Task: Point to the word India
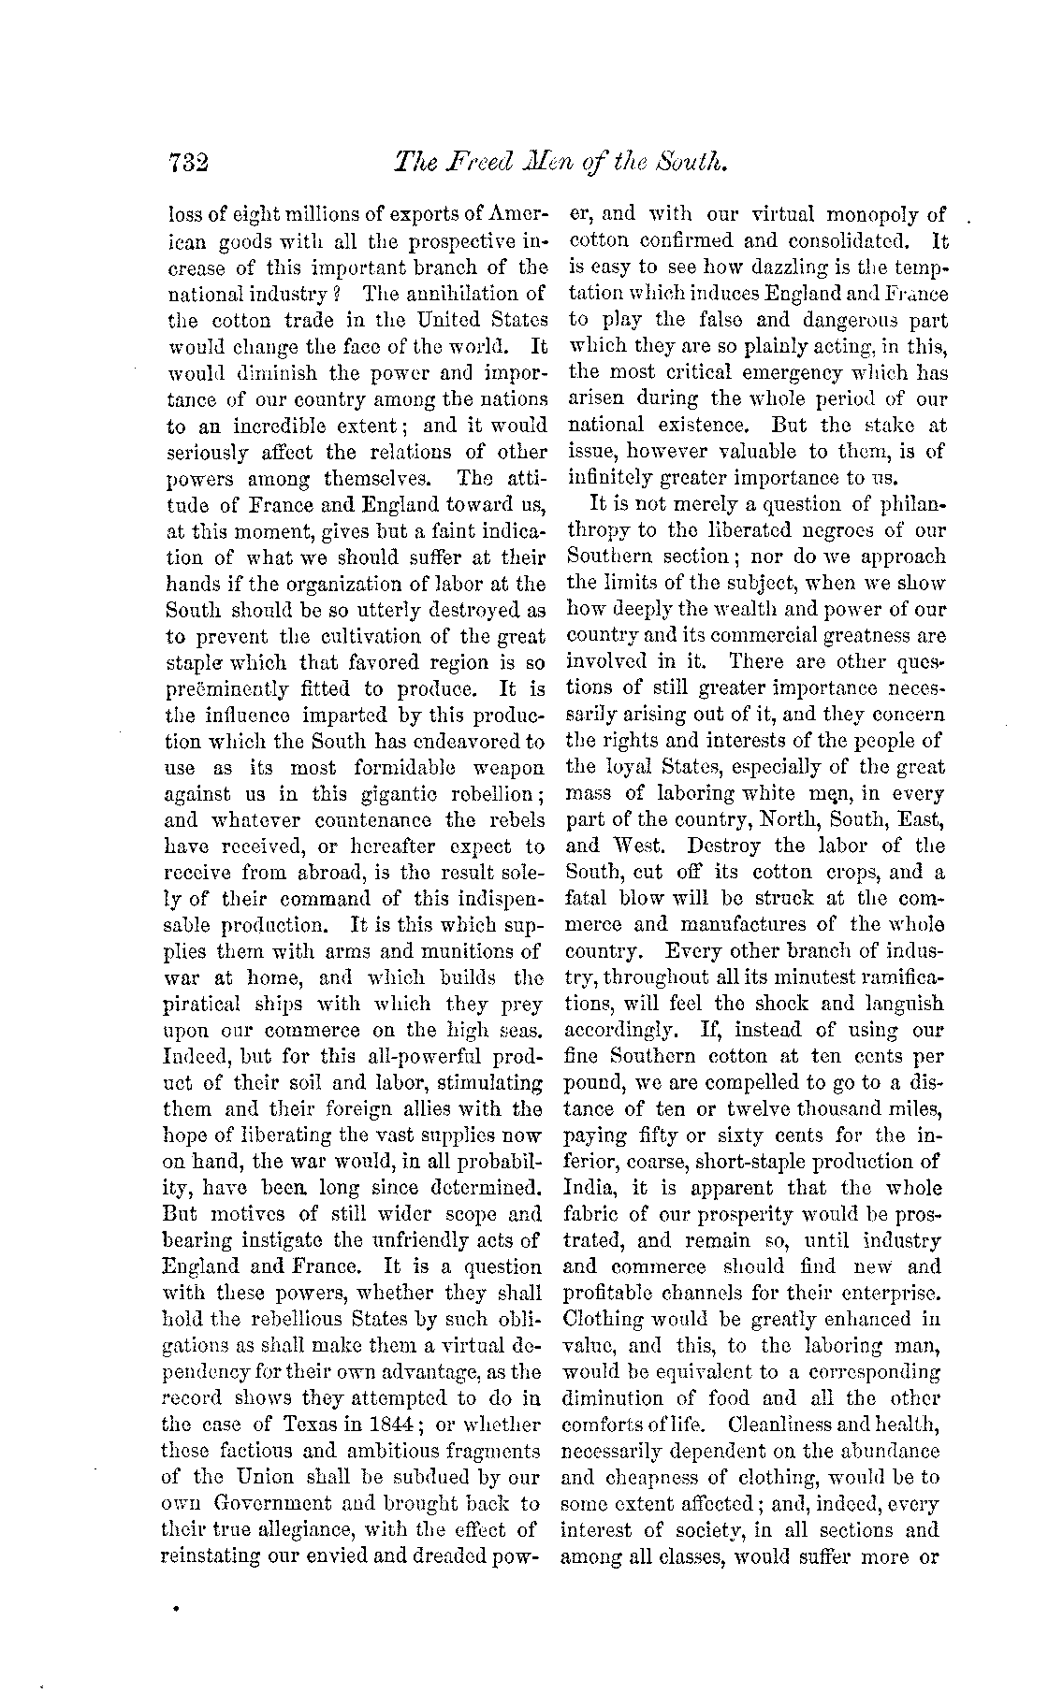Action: click(x=590, y=1189)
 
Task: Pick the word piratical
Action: click(x=207, y=1005)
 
